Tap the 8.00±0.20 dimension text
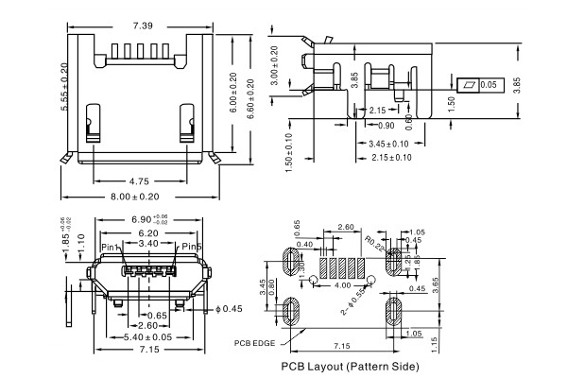136,196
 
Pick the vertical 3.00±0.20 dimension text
275,66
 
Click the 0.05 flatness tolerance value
488,85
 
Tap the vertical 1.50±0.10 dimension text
289,153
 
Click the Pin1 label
112,247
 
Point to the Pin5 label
192,247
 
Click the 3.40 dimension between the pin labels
149,244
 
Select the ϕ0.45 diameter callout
231,308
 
